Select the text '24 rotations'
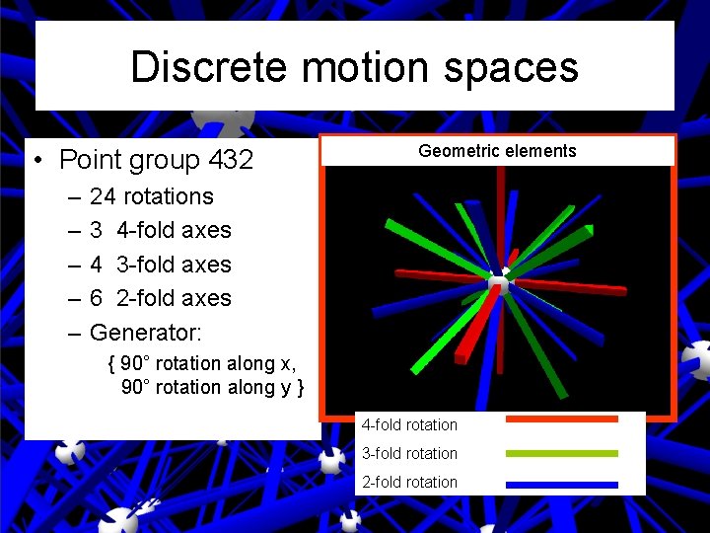coord(151,196)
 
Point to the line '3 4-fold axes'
coord(160,230)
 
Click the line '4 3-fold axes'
coord(160,265)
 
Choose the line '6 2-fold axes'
coord(160,298)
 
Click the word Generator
coord(144,332)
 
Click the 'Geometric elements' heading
coord(497,151)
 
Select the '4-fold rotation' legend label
coord(409,425)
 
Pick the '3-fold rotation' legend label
coord(409,454)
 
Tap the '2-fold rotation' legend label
coord(409,483)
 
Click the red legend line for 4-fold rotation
coord(561,419)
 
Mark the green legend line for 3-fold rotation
coord(561,454)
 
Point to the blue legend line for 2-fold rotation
coord(561,485)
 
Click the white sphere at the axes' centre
coord(499,283)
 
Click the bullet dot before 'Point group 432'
coord(35,160)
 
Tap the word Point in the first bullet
coord(90,159)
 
